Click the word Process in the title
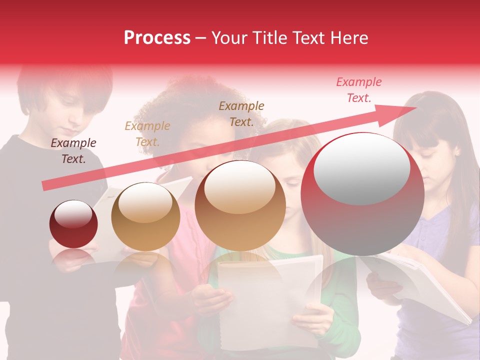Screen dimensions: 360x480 pyautogui.click(x=157, y=38)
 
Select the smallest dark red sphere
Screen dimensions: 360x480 pyautogui.click(x=73, y=224)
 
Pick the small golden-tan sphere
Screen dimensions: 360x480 pyautogui.click(x=145, y=216)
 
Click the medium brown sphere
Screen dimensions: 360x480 pyautogui.click(x=240, y=205)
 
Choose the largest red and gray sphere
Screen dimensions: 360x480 pyautogui.click(x=362, y=194)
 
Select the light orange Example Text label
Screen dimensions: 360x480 pyautogui.click(x=147, y=134)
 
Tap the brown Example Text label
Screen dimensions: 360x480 pyautogui.click(x=241, y=113)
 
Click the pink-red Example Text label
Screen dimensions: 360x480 pyautogui.click(x=359, y=90)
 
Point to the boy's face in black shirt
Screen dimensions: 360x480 pyautogui.click(x=67, y=112)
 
